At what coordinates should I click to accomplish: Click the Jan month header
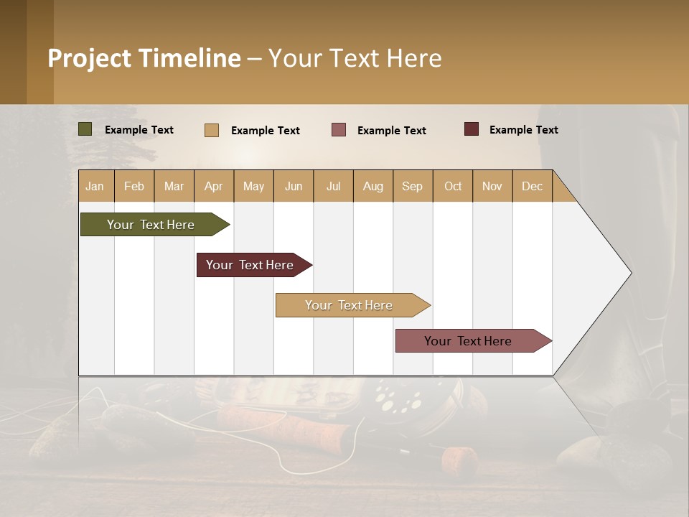[95, 186]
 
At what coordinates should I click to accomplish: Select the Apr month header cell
[214, 186]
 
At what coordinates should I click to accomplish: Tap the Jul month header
[334, 186]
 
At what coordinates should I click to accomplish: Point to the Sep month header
[413, 186]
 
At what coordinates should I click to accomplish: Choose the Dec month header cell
[533, 186]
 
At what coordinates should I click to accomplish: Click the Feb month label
[134, 186]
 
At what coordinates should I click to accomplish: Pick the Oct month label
[453, 186]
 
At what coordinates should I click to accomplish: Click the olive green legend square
[85, 129]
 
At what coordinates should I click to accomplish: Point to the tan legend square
[212, 130]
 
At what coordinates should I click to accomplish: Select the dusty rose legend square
[339, 129]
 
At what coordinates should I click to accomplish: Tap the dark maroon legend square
[472, 129]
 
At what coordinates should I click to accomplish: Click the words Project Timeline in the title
[144, 58]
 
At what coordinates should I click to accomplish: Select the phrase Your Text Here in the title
[355, 58]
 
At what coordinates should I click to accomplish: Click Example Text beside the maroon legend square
[523, 130]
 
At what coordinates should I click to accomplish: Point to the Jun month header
[294, 186]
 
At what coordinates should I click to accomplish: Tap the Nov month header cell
[492, 186]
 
